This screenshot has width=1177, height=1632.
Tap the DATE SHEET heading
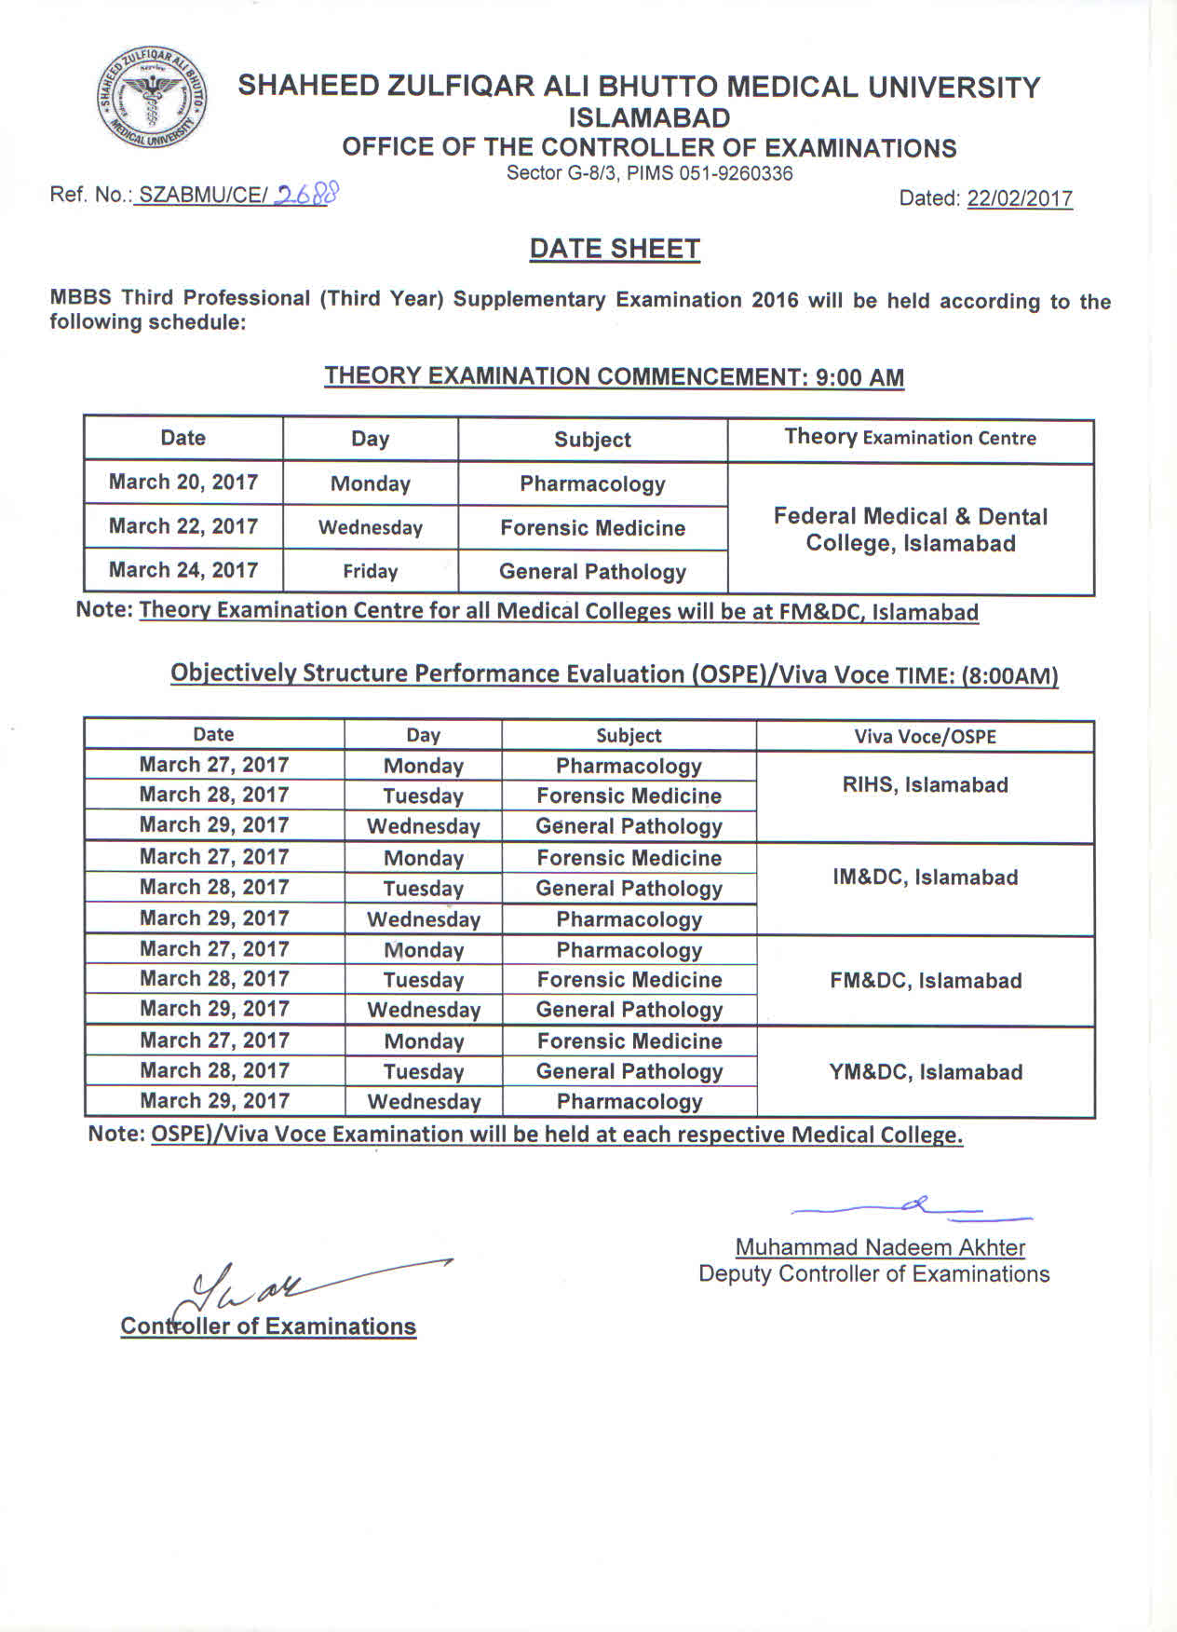(615, 249)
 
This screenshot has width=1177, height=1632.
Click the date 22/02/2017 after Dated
(1020, 198)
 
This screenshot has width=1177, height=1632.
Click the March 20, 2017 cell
(183, 482)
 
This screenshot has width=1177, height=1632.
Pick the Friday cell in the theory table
(370, 571)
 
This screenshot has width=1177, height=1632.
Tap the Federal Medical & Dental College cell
(910, 529)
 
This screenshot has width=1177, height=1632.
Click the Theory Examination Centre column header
(910, 438)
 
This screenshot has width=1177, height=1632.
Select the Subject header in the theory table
(592, 440)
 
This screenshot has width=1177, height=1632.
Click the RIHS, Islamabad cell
(925, 785)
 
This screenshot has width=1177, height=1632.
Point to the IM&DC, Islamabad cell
(925, 877)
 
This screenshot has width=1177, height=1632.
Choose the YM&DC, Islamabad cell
(926, 1072)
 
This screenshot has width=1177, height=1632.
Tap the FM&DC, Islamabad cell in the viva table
(926, 981)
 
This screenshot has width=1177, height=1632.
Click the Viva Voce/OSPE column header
(925, 737)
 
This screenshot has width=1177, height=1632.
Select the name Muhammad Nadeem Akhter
(880, 1247)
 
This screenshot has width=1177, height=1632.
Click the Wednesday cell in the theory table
(370, 527)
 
